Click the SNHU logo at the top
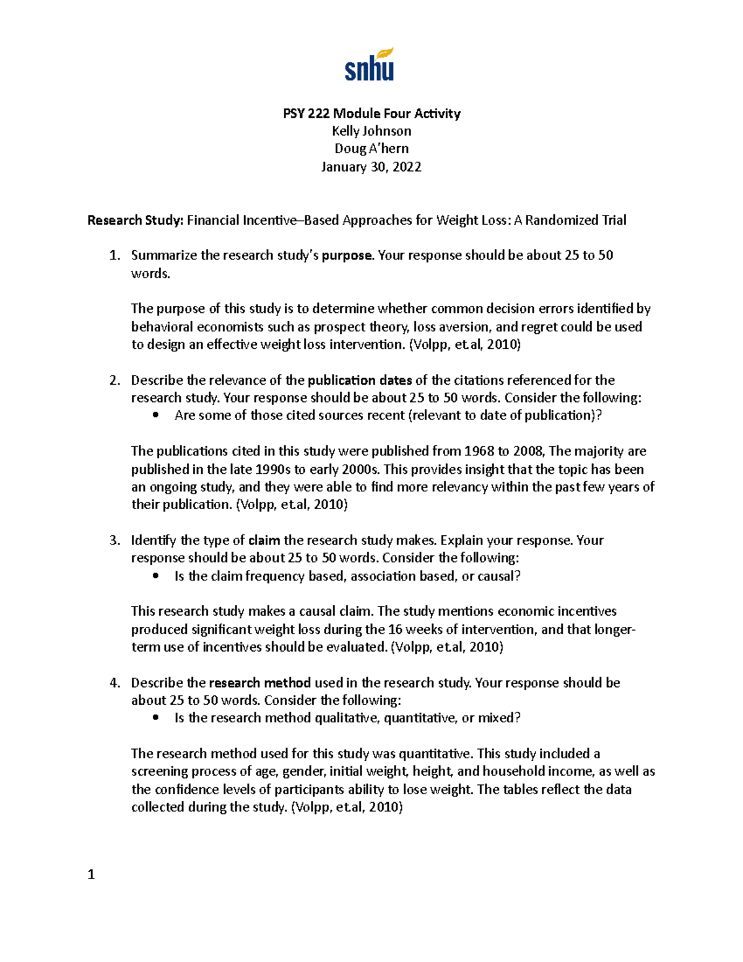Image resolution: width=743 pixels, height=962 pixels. click(370, 65)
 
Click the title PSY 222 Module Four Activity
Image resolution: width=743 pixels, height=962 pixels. click(371, 113)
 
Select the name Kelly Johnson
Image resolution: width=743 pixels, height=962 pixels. click(371, 131)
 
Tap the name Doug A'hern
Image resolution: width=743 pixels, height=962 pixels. click(371, 149)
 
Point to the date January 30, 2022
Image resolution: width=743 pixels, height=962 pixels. click(371, 167)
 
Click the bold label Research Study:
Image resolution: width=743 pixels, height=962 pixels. click(136, 221)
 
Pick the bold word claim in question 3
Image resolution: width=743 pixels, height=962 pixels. click(264, 540)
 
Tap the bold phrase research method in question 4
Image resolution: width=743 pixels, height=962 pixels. click(259, 683)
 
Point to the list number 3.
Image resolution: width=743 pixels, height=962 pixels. click(114, 540)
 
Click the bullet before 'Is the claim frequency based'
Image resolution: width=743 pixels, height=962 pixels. click(156, 577)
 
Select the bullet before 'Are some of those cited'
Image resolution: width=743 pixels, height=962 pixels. click(156, 416)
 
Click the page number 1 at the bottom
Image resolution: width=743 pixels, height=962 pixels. click(91, 875)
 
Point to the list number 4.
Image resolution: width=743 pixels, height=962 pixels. click(114, 683)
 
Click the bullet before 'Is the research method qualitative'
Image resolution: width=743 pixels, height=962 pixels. click(156, 719)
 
